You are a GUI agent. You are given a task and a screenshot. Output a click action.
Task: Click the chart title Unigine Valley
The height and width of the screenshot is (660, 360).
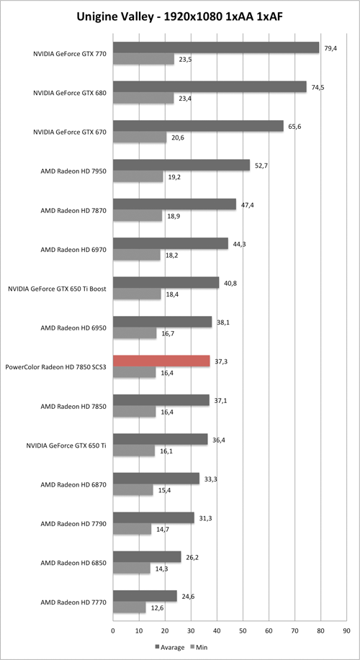click(179, 16)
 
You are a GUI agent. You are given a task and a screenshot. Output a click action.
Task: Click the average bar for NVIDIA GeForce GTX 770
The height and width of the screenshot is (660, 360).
click(216, 48)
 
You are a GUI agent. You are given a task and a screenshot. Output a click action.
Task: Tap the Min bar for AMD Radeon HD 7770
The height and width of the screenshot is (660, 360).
click(129, 607)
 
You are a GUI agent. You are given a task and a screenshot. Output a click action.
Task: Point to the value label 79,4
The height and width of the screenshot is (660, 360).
click(332, 48)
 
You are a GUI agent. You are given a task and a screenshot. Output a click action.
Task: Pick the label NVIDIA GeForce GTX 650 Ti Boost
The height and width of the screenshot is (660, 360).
click(58, 289)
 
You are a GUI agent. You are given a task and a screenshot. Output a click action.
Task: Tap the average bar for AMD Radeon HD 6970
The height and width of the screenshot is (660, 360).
click(170, 243)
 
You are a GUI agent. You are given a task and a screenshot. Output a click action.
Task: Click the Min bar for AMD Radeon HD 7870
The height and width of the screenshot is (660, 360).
click(138, 216)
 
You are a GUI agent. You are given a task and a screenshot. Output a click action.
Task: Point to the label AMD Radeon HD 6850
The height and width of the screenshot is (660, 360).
click(73, 563)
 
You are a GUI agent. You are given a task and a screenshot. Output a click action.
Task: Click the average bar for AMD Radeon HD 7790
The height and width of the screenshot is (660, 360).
click(153, 517)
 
